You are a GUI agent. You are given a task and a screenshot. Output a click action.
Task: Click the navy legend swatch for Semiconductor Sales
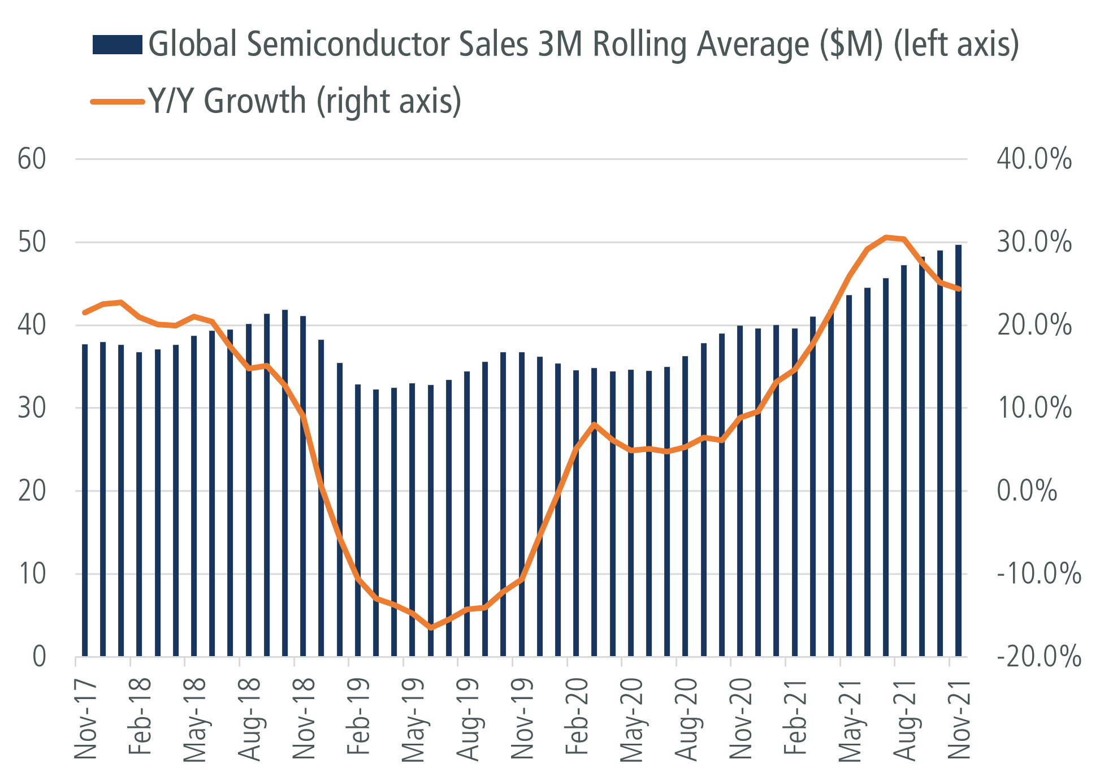117,45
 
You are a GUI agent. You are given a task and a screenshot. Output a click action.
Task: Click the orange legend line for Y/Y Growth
117,102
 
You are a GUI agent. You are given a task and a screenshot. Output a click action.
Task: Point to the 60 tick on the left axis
32,159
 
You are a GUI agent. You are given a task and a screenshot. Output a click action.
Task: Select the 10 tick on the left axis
32,574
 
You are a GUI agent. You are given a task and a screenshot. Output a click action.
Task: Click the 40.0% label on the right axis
1034,159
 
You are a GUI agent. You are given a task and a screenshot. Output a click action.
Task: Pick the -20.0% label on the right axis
1038,657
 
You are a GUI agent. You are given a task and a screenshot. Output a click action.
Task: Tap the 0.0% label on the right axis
1027,491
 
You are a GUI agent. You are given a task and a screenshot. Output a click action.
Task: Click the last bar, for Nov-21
959,452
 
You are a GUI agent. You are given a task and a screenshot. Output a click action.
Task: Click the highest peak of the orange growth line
886,237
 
